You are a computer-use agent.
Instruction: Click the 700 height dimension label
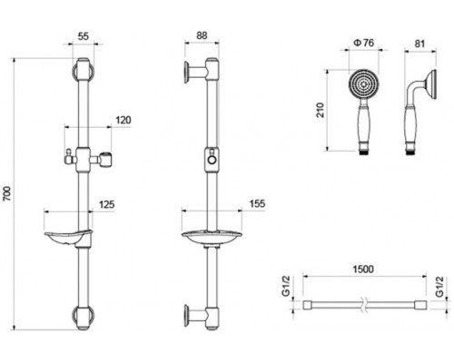pyautogui.click(x=7, y=194)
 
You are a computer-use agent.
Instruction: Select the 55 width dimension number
pyautogui.click(x=84, y=36)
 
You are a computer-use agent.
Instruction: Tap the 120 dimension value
pyautogui.click(x=123, y=120)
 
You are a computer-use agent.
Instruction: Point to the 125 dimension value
pyautogui.click(x=107, y=204)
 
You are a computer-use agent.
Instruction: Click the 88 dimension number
pyautogui.click(x=202, y=35)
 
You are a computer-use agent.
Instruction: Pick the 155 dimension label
pyautogui.click(x=257, y=203)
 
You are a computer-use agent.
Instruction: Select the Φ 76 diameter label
pyautogui.click(x=364, y=43)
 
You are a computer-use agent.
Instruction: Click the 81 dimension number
pyautogui.click(x=419, y=44)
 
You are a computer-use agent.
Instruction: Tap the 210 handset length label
pyautogui.click(x=320, y=110)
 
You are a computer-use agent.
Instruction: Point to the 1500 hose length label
pyautogui.click(x=363, y=269)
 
